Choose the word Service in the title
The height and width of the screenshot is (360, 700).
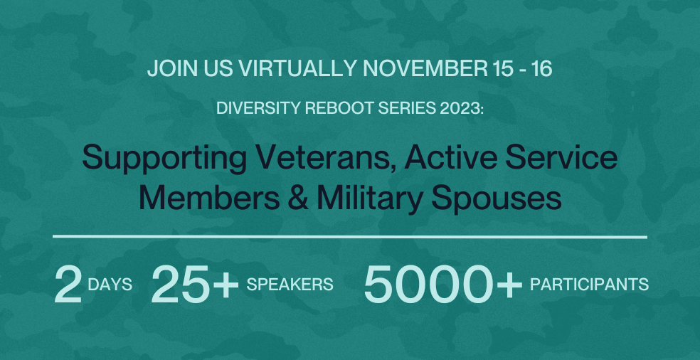[x=562, y=157]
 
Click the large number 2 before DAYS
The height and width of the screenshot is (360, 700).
[x=68, y=285]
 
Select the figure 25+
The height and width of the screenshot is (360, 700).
[x=194, y=285]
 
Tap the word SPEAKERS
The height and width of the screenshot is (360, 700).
[x=290, y=285]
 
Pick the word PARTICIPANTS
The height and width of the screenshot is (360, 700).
[x=589, y=285]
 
